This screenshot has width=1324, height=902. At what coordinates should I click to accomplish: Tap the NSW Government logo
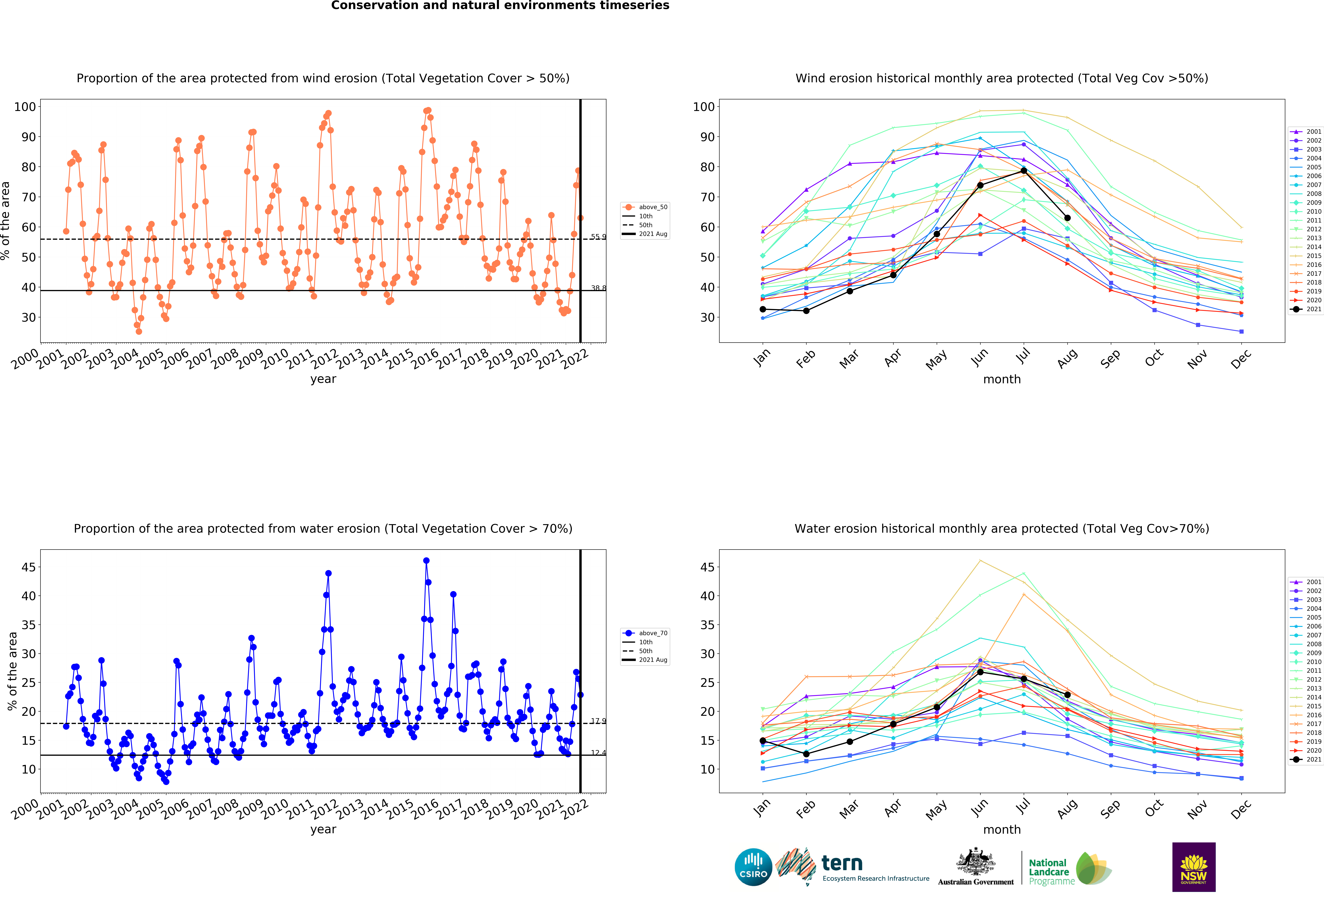[x=1193, y=867]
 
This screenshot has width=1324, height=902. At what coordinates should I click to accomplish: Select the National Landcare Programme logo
[x=1069, y=868]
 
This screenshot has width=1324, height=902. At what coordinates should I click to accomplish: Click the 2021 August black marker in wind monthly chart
[x=1067, y=218]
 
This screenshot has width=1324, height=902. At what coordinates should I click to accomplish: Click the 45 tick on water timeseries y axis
[x=29, y=567]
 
